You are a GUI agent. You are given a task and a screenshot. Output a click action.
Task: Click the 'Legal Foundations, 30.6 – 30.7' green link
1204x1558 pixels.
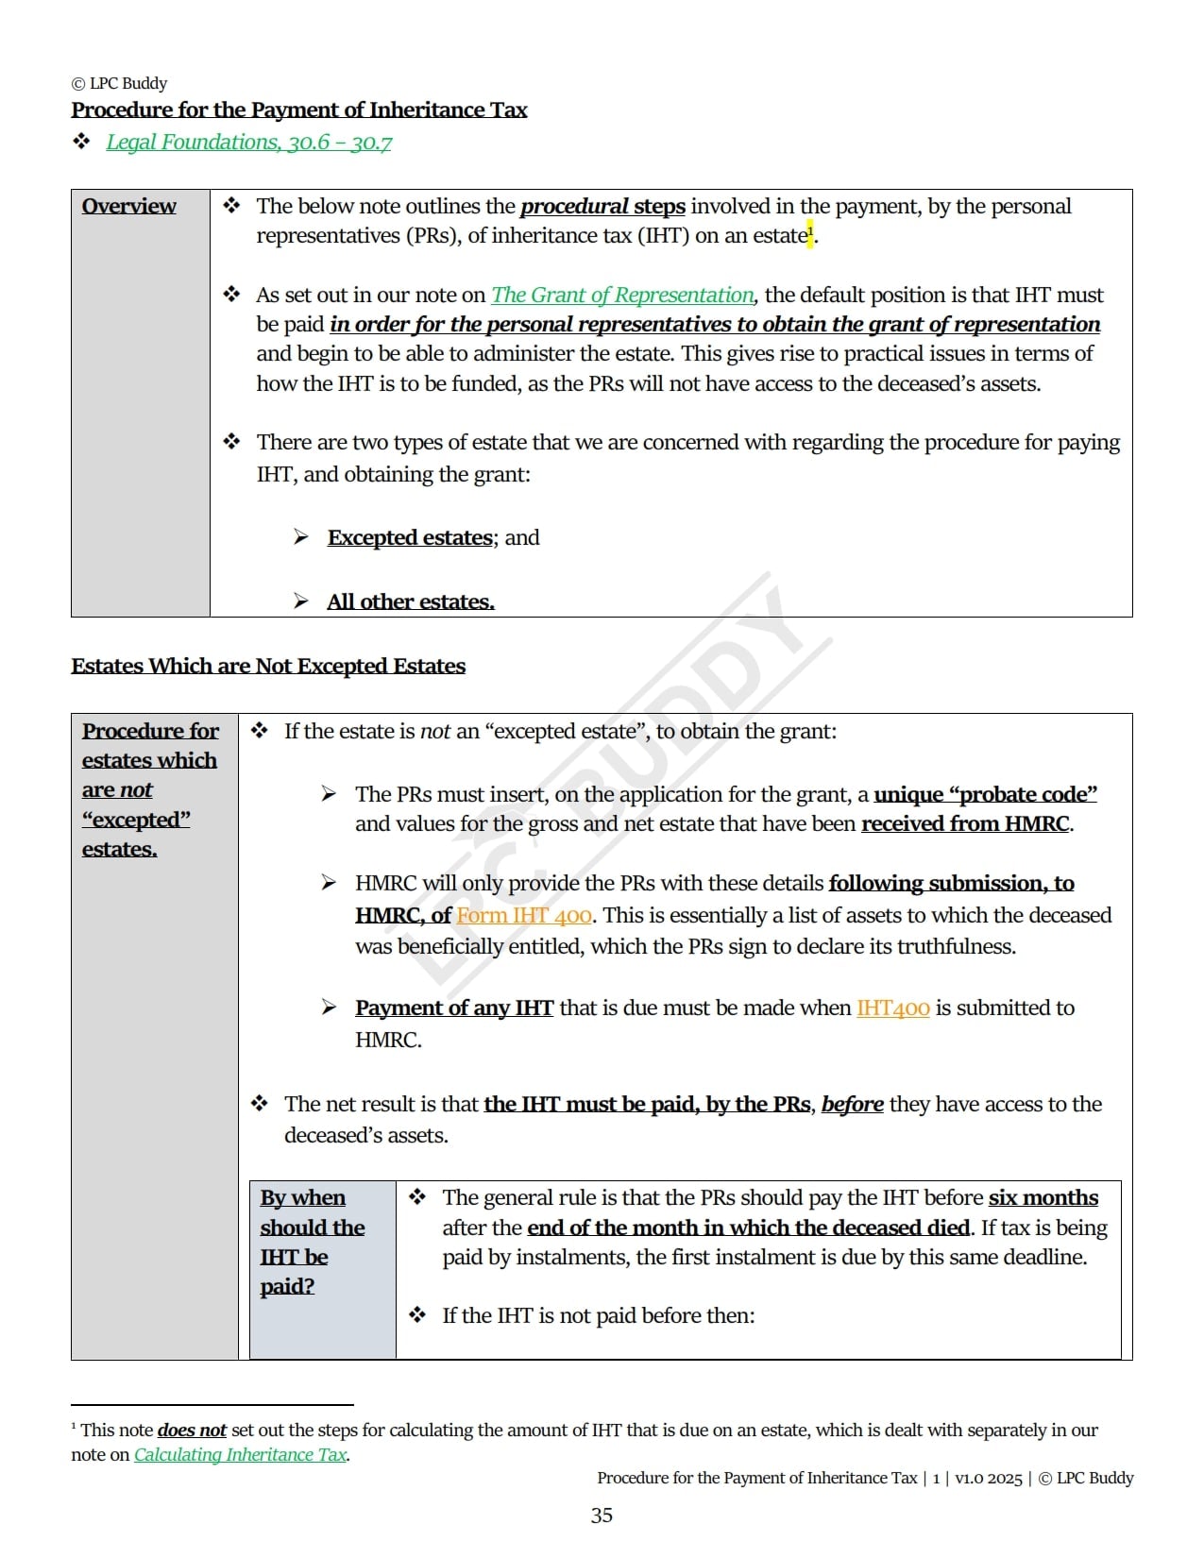[x=248, y=143]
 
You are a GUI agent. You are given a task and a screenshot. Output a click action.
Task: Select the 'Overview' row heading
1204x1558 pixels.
[x=128, y=207]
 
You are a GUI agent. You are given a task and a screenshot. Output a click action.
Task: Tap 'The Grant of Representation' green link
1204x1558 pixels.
[x=622, y=296]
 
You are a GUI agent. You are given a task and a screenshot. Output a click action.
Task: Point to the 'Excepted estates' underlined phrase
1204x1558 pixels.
[x=410, y=538]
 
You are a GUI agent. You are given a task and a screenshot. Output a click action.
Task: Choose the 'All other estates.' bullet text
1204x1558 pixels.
[x=411, y=602]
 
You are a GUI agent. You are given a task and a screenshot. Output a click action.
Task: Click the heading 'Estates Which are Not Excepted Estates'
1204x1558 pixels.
[x=268, y=667]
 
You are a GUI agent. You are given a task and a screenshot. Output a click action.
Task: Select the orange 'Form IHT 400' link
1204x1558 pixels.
[x=524, y=916]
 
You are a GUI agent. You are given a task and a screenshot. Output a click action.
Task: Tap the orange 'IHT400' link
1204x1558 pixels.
[x=892, y=1008]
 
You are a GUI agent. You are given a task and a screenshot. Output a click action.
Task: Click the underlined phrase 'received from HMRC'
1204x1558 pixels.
[x=964, y=824]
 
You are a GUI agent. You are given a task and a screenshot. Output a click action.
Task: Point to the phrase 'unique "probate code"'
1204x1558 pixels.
[x=985, y=795]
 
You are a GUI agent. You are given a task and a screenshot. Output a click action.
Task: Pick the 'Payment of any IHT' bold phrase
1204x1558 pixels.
[x=454, y=1008]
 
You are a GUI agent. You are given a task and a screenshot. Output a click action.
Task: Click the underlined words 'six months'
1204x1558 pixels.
[x=1043, y=1198]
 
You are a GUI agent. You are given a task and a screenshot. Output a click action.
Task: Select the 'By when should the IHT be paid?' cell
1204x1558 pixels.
[x=313, y=1242]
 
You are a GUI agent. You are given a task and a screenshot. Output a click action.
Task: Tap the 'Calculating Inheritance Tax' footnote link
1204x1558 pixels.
[x=240, y=1455]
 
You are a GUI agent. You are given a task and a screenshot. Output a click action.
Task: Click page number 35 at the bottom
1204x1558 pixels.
[x=602, y=1516]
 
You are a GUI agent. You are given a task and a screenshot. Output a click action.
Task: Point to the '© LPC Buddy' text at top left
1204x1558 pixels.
[x=119, y=84]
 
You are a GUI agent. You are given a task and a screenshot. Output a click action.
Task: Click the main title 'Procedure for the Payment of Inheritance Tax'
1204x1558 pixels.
[x=299, y=110]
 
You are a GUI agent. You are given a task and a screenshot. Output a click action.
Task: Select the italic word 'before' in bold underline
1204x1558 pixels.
[x=852, y=1105]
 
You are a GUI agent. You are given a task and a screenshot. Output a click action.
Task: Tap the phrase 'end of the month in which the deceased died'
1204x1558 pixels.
[x=748, y=1228]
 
